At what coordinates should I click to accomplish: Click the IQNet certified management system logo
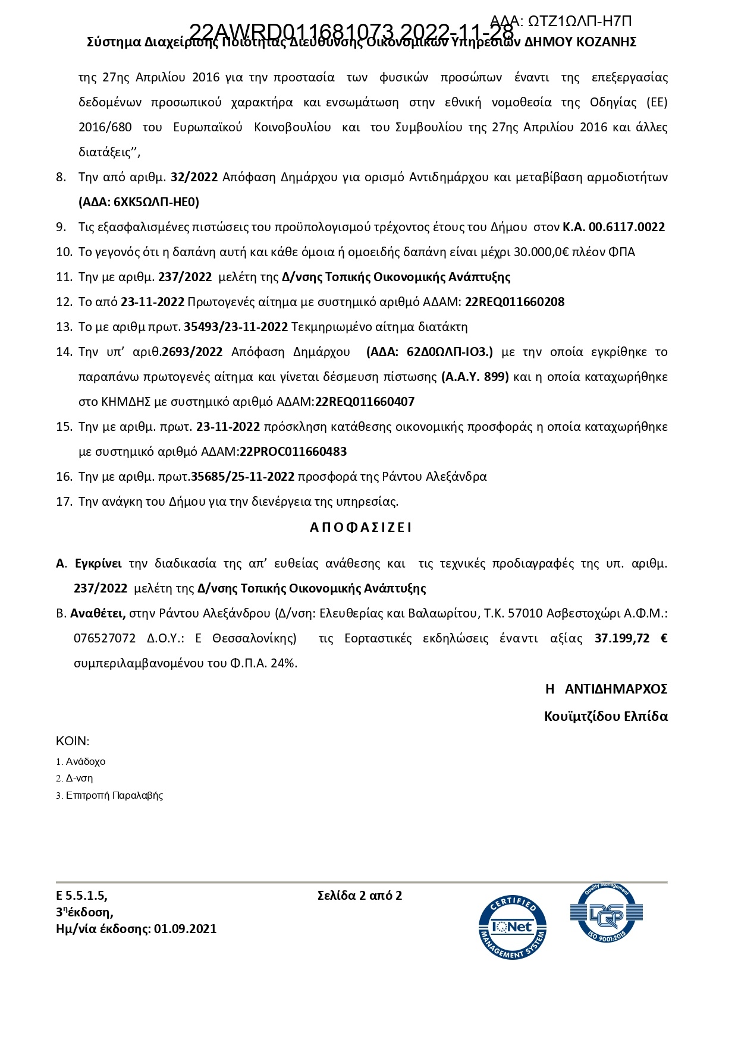[512, 928]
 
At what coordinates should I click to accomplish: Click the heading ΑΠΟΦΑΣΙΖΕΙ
[361, 527]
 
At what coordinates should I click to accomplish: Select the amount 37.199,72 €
[631, 638]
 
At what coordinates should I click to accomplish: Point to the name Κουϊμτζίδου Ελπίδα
[605, 716]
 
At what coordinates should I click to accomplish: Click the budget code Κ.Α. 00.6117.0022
[614, 227]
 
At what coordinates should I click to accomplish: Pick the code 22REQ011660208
[514, 302]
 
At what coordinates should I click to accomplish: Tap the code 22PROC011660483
[293, 452]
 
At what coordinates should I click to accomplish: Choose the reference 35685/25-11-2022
[243, 477]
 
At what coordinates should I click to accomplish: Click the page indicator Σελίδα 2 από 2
[360, 895]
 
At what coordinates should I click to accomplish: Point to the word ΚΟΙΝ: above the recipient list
[73, 741]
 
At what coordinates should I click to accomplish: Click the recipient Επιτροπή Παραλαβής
[114, 795]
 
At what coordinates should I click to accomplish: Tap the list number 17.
[64, 502]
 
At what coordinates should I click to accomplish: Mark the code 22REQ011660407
[365, 402]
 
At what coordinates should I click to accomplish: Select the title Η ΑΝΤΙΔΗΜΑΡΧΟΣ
[606, 689]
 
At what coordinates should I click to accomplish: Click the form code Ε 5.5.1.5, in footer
[82, 895]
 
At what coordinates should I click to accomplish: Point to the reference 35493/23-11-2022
[236, 327]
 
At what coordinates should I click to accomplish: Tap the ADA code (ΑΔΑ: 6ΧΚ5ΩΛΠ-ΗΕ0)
[139, 202]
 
